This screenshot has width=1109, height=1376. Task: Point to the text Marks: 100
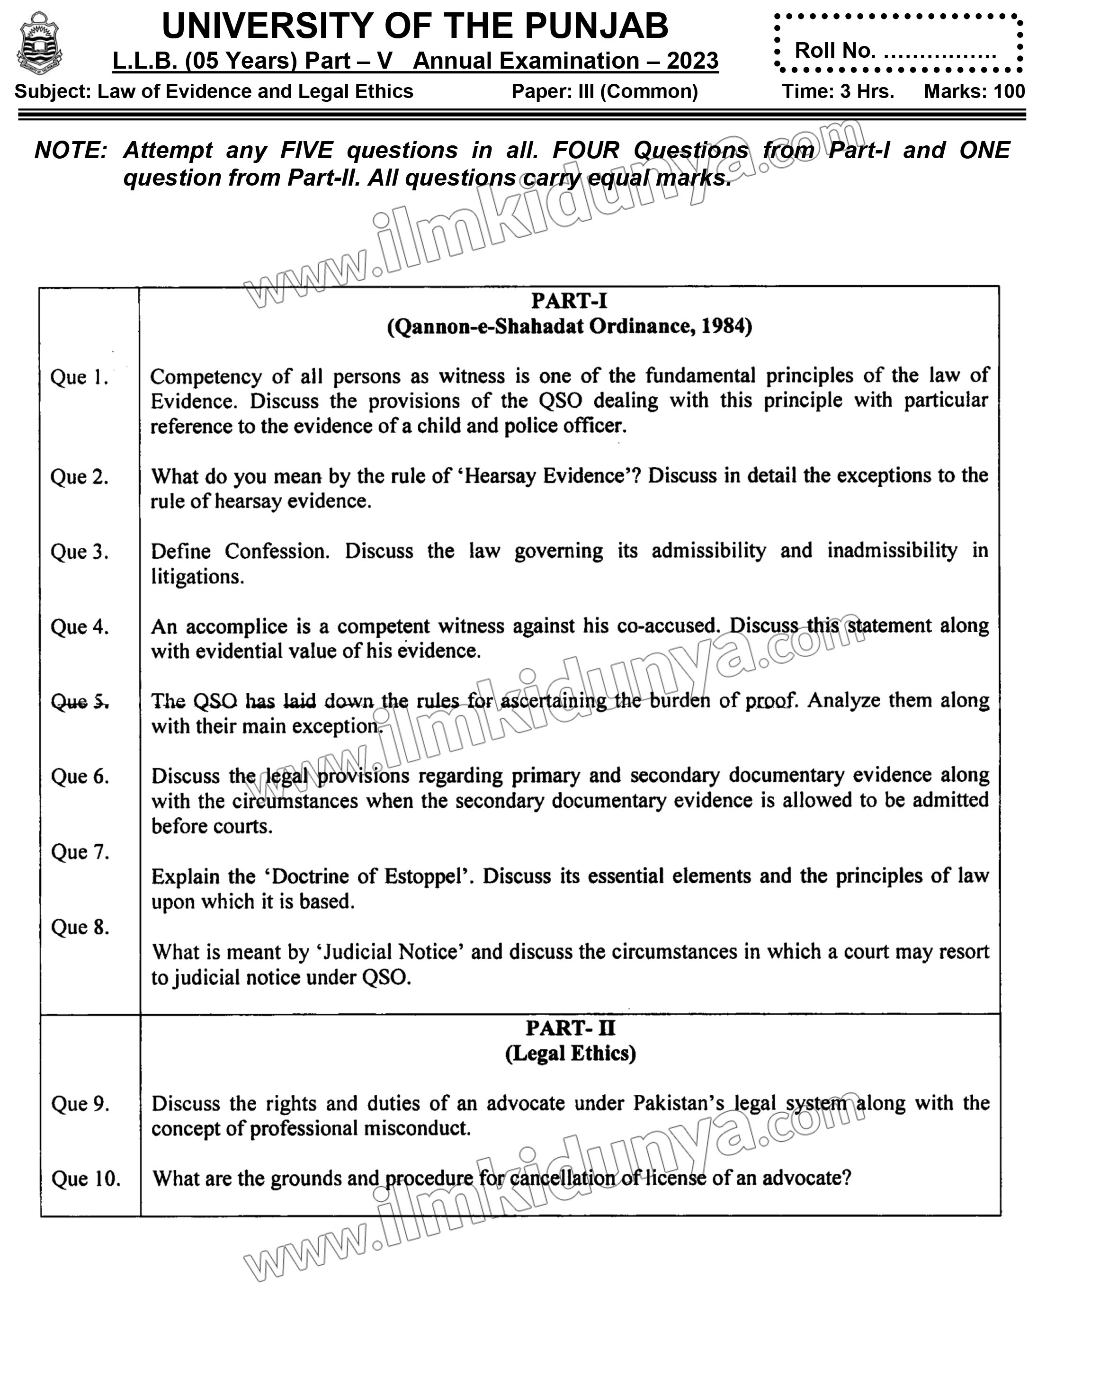coord(974,92)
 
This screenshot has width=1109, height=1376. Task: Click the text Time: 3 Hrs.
coord(838,92)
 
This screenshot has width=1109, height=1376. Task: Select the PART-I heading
coord(569,301)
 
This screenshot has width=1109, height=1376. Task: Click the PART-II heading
coord(570,1028)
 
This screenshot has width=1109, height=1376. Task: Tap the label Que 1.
coord(79,377)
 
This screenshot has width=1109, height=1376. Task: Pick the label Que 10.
coord(86,1179)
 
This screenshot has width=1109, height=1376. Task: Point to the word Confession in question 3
coord(277,551)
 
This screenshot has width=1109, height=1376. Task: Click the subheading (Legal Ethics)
coord(571,1054)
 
